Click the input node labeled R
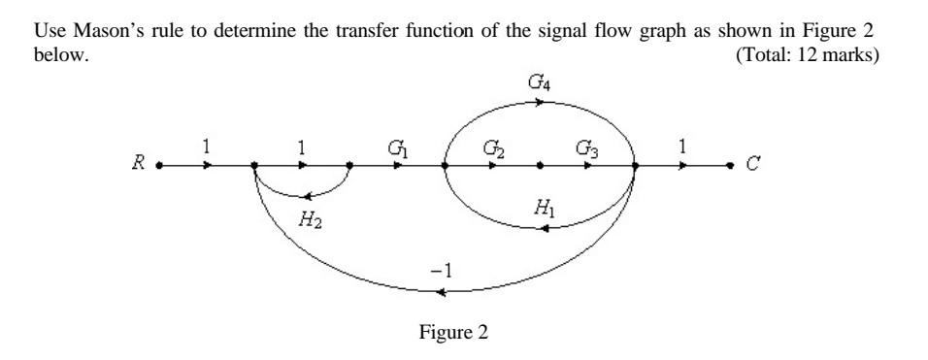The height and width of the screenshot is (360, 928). (158, 165)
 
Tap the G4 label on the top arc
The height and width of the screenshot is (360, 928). (538, 86)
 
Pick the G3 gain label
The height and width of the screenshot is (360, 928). (585, 147)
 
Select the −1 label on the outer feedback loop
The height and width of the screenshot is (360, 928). (442, 269)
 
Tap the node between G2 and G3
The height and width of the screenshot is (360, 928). (540, 165)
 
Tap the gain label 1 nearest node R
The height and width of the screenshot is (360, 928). (206, 147)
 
